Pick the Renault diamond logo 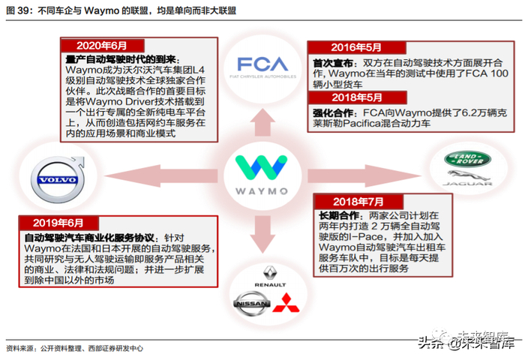tap(269, 276)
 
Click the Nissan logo tap(250, 302)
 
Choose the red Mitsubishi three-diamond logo tap(283, 302)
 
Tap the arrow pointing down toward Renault tap(259, 232)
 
